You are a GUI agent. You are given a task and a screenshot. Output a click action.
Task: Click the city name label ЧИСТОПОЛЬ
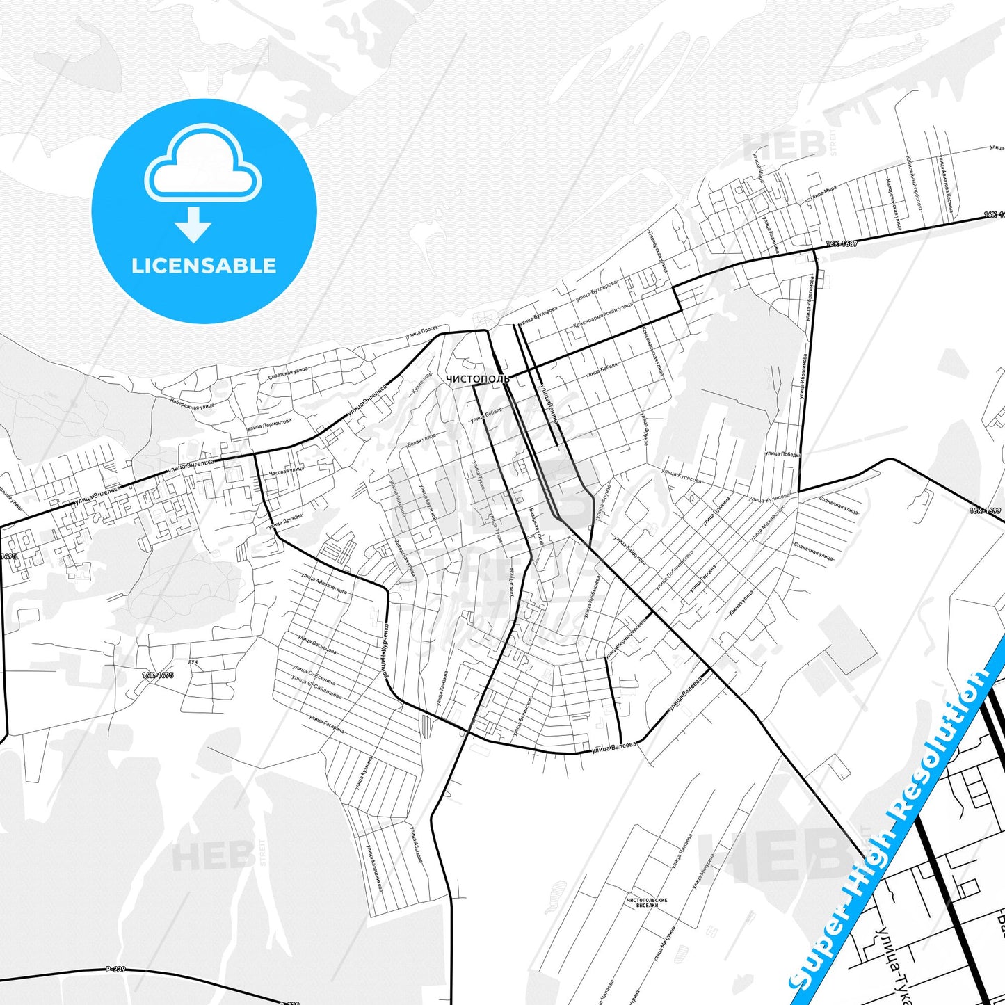pos(478,378)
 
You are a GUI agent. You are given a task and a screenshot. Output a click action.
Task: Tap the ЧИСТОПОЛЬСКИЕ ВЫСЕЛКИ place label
pos(646,903)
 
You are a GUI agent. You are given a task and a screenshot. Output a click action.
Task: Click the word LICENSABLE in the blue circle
pos(204,266)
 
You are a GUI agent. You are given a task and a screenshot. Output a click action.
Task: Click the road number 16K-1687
pos(842,244)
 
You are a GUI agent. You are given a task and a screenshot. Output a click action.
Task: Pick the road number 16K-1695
pos(157,675)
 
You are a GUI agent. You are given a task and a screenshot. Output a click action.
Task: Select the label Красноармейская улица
pos(602,316)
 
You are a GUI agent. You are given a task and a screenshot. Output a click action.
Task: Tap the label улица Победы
pos(782,453)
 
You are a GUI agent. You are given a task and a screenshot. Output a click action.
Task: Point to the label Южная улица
pos(741,604)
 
